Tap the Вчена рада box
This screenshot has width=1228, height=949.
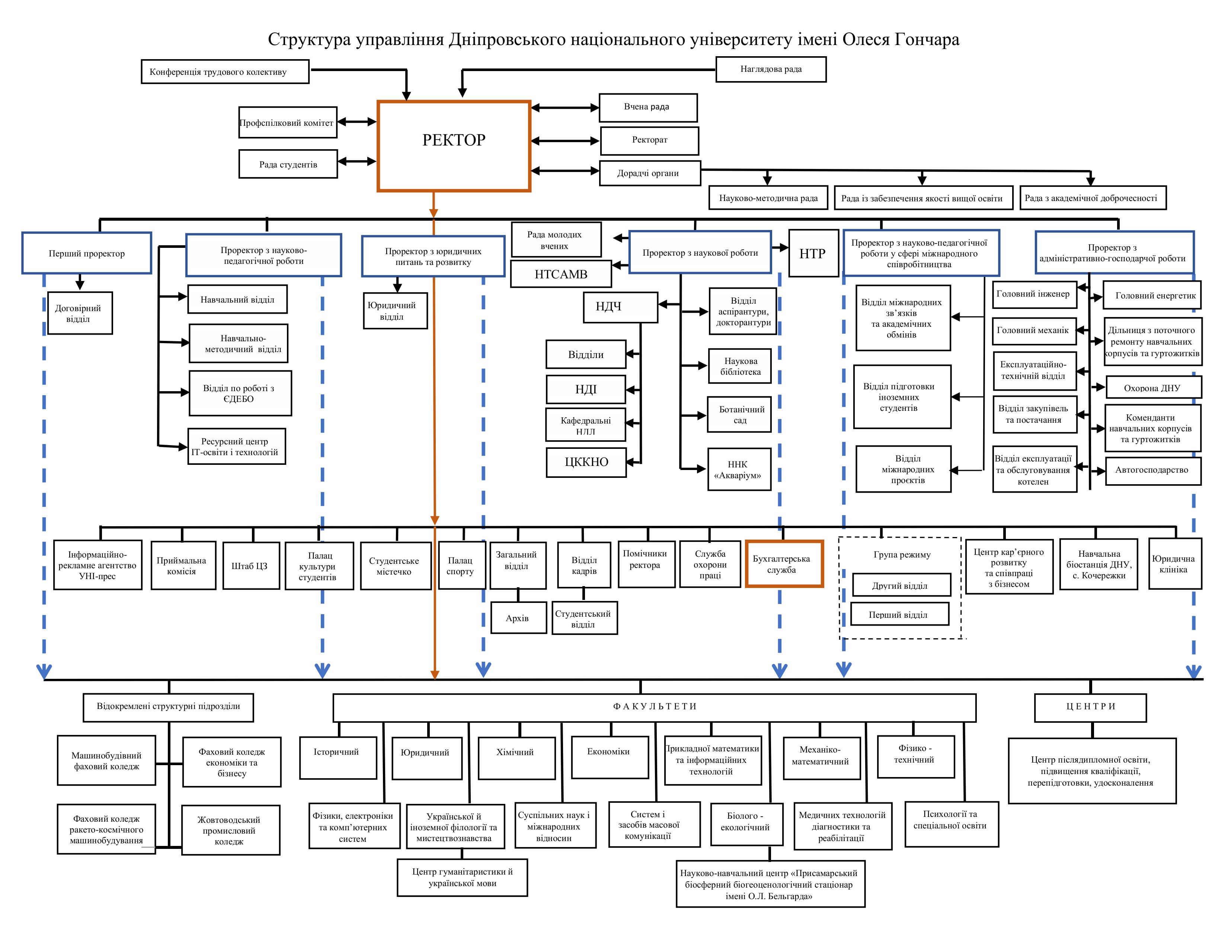648,108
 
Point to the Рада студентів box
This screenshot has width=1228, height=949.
288,164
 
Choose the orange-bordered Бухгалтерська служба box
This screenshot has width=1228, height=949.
784,564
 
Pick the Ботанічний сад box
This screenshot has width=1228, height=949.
739,415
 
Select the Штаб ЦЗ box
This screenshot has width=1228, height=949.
251,566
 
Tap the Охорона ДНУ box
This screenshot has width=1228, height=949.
1153,388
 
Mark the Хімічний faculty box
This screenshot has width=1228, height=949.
516,758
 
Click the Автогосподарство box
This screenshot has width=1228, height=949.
1153,470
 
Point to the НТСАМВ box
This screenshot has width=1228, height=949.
560,274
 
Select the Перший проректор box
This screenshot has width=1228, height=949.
87,253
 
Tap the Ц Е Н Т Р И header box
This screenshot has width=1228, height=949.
1090,707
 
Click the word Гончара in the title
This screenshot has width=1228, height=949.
926,39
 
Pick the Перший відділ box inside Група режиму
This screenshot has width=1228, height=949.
899,614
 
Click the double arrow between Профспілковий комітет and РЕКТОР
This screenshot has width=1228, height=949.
357,121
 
